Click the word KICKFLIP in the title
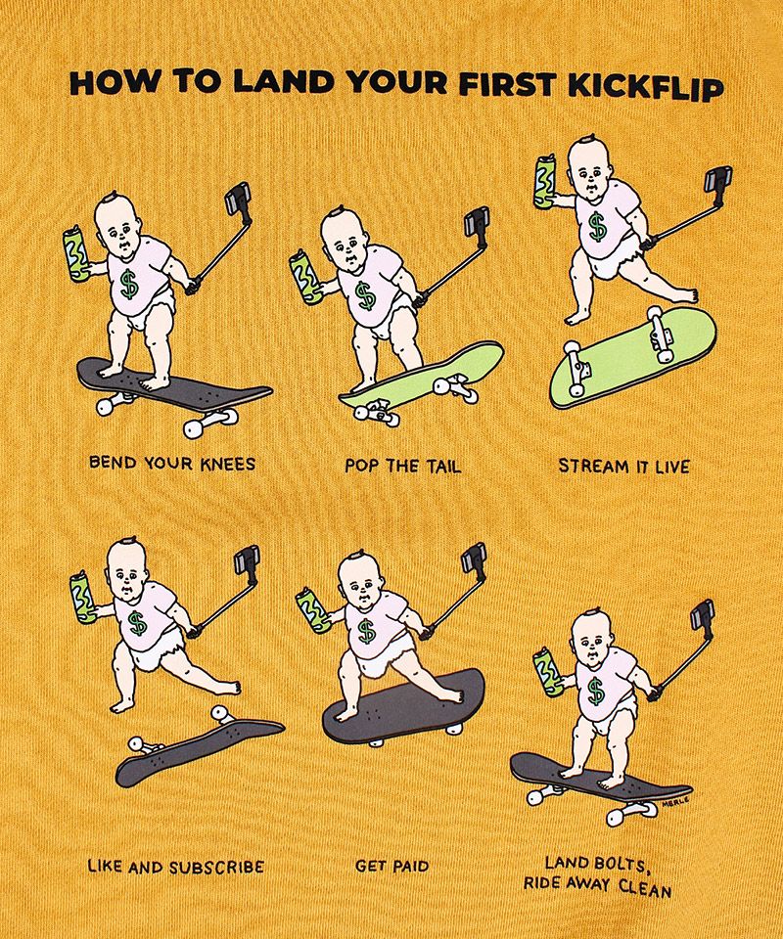[645, 88]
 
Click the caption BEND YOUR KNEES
[172, 464]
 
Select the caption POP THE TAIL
[403, 466]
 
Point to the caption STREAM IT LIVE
[623, 466]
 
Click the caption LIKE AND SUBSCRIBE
[175, 866]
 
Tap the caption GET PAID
[392, 866]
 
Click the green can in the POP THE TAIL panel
[305, 280]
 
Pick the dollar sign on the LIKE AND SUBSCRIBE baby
[138, 624]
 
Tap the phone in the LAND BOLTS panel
[703, 615]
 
